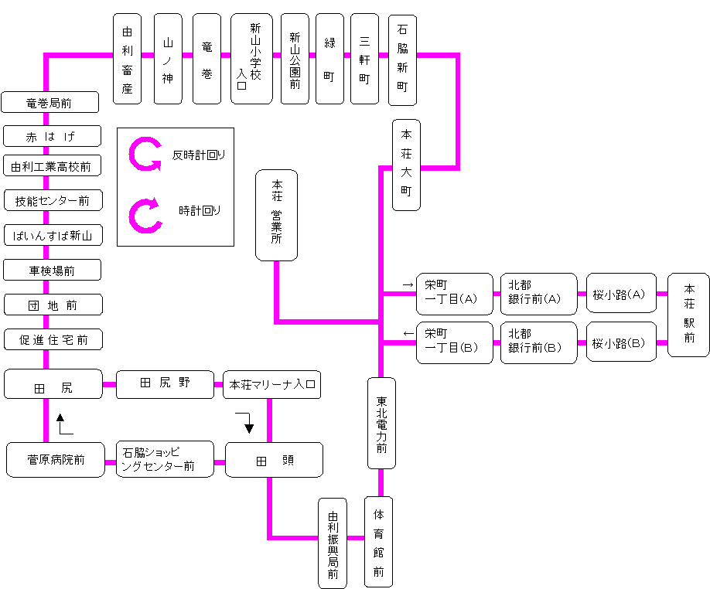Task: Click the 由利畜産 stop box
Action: point(128,58)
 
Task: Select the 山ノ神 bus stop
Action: point(169,58)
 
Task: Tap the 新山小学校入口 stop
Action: point(251,58)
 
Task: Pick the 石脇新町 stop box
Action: point(402,58)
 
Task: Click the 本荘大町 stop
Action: point(406,165)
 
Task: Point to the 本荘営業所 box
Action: point(276,215)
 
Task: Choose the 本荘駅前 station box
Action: point(688,315)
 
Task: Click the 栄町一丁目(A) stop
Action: point(454,294)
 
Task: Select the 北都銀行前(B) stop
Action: point(538,342)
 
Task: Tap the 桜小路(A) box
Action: point(621,294)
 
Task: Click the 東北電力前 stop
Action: point(381,423)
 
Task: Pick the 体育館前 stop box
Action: point(378,541)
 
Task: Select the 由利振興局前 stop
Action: point(333,543)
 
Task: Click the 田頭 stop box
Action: point(274,460)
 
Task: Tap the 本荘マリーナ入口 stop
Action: point(271,384)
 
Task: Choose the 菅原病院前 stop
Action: point(55,460)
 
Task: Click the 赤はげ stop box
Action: point(52,136)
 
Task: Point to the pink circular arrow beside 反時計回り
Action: point(145,155)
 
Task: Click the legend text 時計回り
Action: point(200,210)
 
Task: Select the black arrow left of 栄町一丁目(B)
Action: point(408,334)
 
